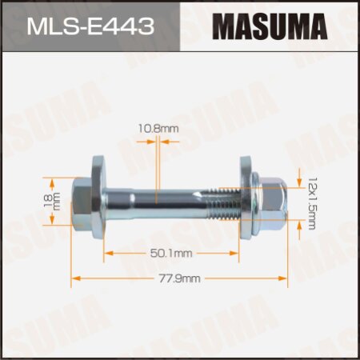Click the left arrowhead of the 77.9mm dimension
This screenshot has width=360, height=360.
(x=75, y=278)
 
